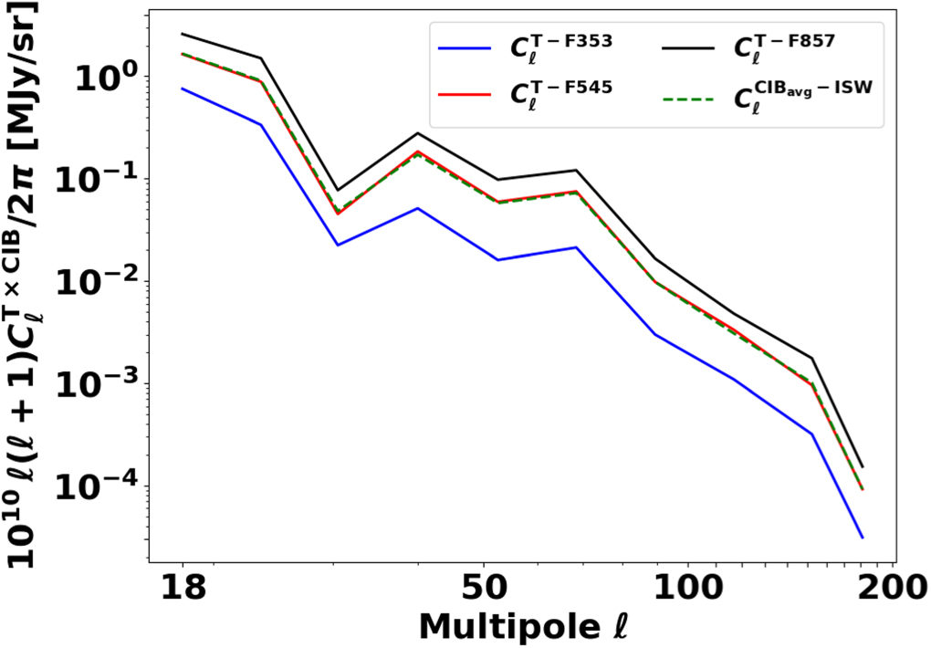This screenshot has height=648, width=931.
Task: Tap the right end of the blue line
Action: (863, 538)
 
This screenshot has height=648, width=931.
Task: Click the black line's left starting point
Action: (182, 34)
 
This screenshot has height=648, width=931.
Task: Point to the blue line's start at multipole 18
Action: (182, 89)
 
